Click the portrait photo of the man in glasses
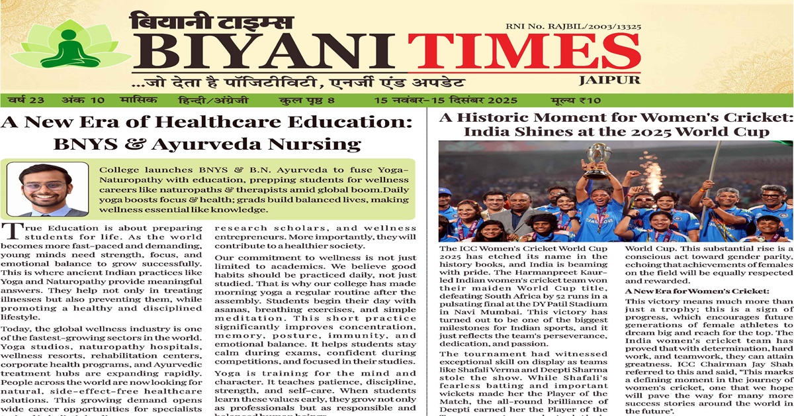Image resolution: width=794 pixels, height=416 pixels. [47, 190]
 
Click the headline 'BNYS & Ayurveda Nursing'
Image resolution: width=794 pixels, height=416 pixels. [207, 144]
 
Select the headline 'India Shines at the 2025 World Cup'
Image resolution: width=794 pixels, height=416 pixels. [616, 131]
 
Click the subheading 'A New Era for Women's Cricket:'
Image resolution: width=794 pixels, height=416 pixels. [697, 291]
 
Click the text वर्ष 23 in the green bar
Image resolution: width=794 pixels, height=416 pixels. [26, 101]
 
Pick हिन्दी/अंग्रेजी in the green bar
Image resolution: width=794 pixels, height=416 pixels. [212, 101]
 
